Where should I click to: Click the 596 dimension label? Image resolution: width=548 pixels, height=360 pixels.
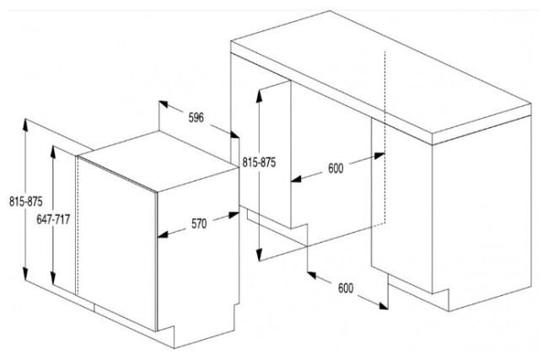(196, 118)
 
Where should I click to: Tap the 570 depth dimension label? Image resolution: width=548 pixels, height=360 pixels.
(199, 223)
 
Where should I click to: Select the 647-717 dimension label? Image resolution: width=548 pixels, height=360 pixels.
(53, 219)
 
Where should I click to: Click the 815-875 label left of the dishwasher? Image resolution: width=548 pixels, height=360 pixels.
(26, 201)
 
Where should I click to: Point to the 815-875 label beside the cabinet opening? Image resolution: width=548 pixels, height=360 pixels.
(259, 162)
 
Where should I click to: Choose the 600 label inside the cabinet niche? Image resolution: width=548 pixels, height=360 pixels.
(336, 169)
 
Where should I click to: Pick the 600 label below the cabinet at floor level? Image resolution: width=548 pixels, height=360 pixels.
(346, 288)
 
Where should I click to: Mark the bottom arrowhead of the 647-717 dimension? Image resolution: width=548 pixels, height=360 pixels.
(53, 280)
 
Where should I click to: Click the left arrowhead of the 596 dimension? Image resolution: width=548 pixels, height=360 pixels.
(164, 104)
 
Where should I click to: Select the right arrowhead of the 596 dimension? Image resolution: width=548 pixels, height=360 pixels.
(235, 134)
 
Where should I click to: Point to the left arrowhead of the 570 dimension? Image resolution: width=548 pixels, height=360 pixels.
(163, 235)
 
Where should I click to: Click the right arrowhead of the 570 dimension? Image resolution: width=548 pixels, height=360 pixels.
(234, 215)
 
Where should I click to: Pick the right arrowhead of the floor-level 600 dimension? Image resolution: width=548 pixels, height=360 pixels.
(384, 306)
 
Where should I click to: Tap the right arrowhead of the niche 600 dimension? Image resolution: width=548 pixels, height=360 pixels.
(380, 155)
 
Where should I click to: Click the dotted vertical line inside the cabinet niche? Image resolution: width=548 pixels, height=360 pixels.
(384, 137)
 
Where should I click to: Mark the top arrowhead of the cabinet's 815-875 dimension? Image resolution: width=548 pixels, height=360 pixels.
(259, 95)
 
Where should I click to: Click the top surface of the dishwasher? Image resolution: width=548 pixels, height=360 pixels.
(158, 161)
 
